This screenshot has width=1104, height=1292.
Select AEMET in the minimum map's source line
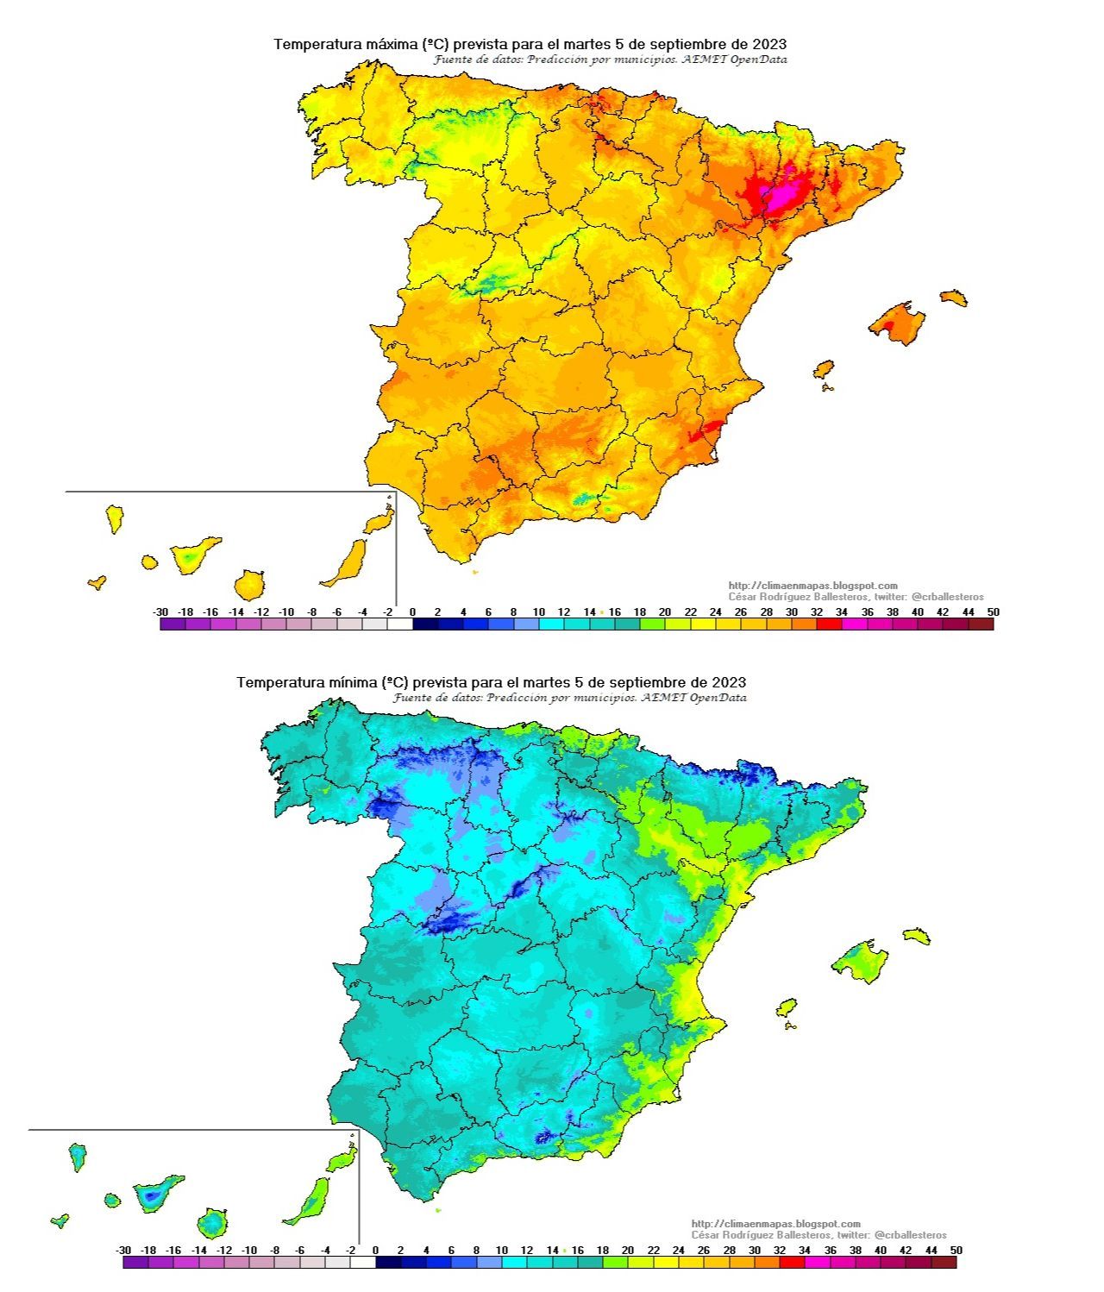tap(665, 698)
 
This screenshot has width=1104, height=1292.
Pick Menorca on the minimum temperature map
tap(917, 936)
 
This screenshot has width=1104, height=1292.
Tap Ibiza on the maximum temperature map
tap(825, 369)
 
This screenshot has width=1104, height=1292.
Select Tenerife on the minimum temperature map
tap(155, 1194)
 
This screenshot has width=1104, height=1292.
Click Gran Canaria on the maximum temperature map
tap(249, 585)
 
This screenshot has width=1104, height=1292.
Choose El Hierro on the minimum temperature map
tap(60, 1220)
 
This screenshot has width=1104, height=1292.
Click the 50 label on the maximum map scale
tap(994, 612)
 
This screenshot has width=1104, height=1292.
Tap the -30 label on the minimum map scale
tap(123, 1250)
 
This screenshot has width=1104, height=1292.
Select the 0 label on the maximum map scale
tap(412, 612)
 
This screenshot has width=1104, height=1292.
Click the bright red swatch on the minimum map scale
tap(791, 1263)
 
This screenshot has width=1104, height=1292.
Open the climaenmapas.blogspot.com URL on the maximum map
tap(812, 586)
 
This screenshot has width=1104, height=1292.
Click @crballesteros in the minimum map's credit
tap(910, 1235)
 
